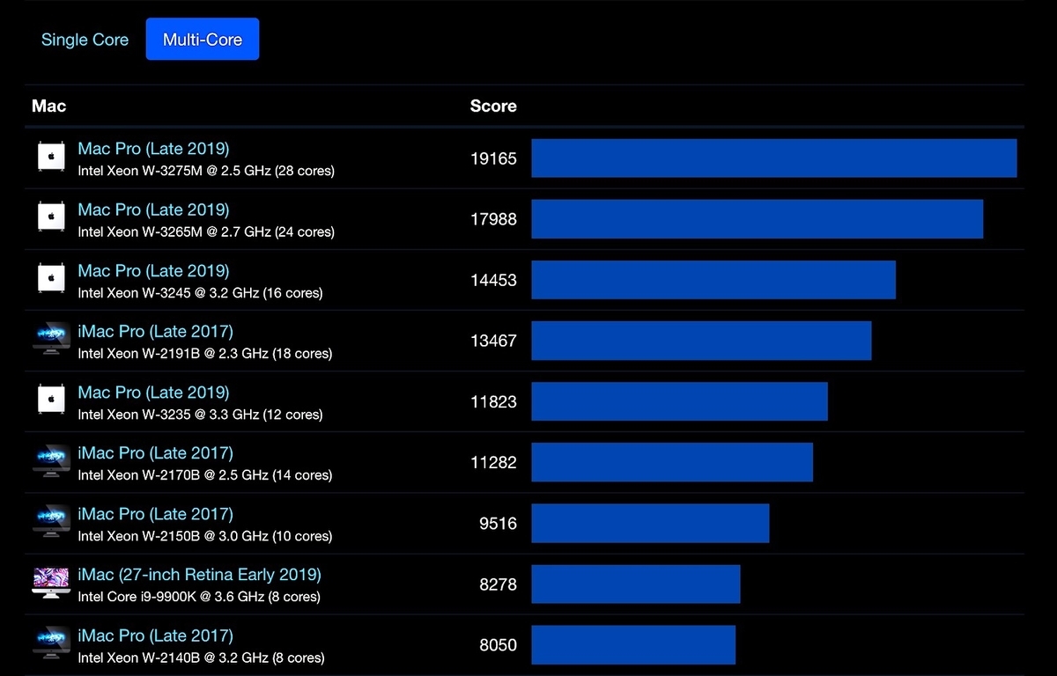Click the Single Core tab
pyautogui.click(x=85, y=40)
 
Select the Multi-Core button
pyautogui.click(x=203, y=39)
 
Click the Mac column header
pyautogui.click(x=48, y=107)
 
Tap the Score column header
pyautogui.click(x=493, y=107)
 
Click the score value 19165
pyautogui.click(x=493, y=158)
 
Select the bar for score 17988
pyautogui.click(x=758, y=219)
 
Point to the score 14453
pyautogui.click(x=493, y=281)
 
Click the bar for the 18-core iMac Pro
pyautogui.click(x=702, y=341)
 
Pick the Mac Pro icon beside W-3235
pyautogui.click(x=51, y=400)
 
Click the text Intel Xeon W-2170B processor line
pyautogui.click(x=204, y=475)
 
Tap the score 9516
pyautogui.click(x=498, y=524)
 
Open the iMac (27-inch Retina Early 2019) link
pyautogui.click(x=200, y=575)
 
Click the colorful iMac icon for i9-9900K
pyautogui.click(x=51, y=583)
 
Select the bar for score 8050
pyautogui.click(x=633, y=645)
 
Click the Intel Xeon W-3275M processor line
pyautogui.click(x=206, y=171)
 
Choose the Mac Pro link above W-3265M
pyautogui.click(x=153, y=209)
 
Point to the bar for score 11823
pyautogui.click(x=679, y=401)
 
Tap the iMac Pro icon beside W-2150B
pyautogui.click(x=51, y=521)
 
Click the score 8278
pyautogui.click(x=498, y=584)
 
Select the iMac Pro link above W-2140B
pyautogui.click(x=155, y=636)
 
